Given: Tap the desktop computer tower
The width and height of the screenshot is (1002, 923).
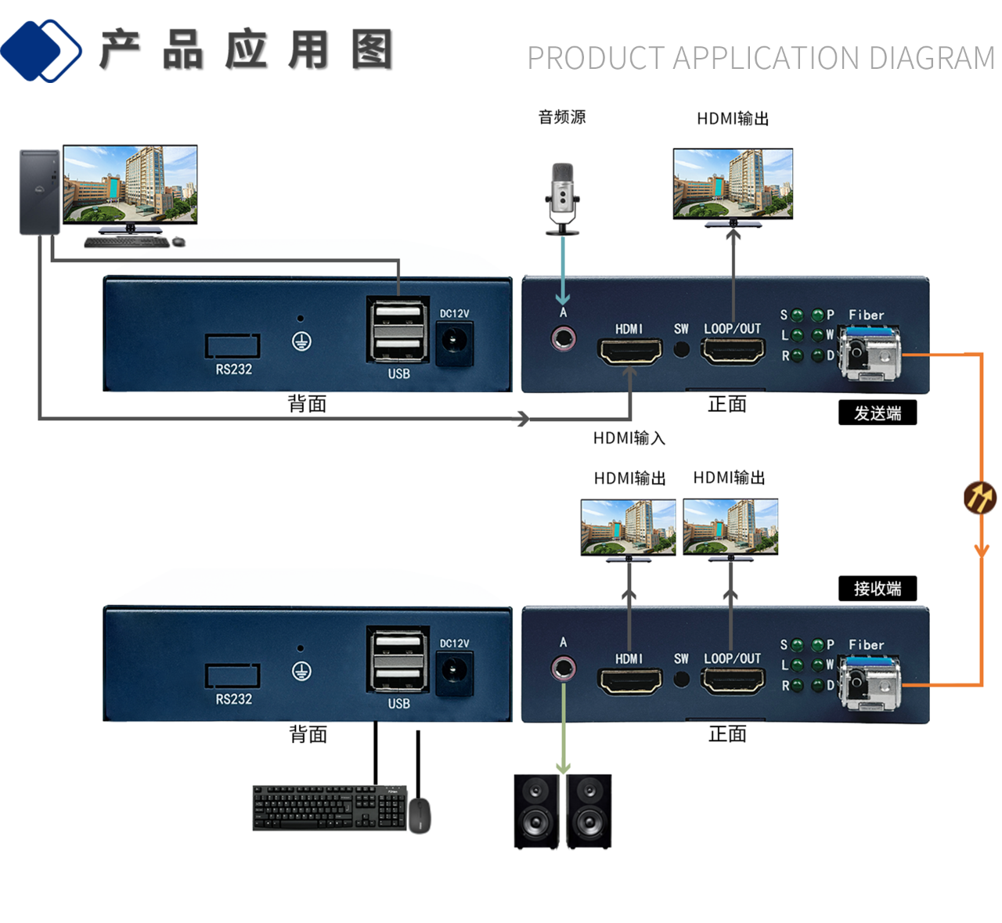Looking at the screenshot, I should (39, 193).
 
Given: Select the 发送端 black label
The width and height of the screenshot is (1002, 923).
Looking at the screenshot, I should (877, 413).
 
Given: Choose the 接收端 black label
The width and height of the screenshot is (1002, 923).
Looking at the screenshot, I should (877, 589).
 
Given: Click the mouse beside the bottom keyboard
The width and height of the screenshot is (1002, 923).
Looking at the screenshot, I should (420, 815).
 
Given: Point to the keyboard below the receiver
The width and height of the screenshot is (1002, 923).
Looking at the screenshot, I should (330, 807).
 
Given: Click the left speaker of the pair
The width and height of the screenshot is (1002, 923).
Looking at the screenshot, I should (536, 811).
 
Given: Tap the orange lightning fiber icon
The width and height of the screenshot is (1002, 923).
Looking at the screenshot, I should (979, 497).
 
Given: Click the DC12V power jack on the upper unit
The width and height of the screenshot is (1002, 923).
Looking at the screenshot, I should (454, 342).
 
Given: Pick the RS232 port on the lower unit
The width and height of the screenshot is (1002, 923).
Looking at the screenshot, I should (232, 675).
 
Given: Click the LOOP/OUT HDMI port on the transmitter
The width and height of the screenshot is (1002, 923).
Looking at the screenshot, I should (733, 351).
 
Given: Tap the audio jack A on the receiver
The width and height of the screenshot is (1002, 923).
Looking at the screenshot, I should (563, 669).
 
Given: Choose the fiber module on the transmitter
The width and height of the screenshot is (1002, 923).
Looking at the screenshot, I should (870, 354).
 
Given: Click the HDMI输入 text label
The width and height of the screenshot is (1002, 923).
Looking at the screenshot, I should (629, 438).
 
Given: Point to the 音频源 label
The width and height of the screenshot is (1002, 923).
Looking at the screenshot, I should (562, 117).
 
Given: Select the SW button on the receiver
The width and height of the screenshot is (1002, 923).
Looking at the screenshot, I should (682, 679).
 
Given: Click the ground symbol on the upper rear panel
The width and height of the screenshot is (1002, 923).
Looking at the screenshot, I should (301, 341).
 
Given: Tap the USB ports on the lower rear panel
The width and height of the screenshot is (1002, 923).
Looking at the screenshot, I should (398, 659).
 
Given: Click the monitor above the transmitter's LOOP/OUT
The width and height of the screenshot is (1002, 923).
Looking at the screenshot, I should (733, 185).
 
